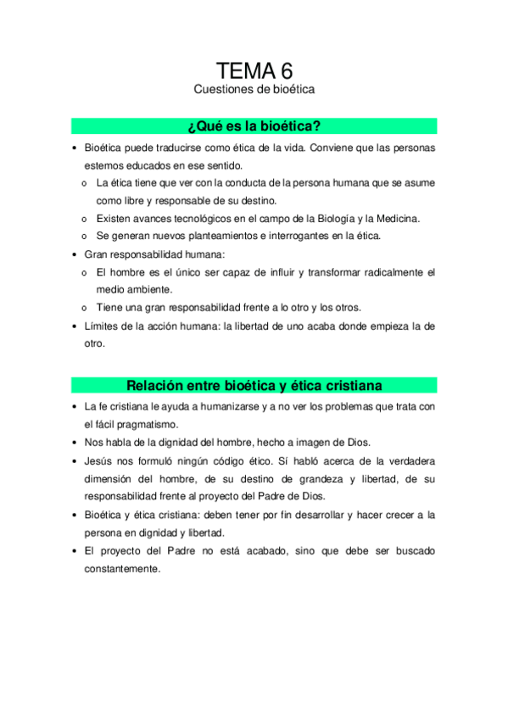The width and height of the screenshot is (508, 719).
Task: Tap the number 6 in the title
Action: pyautogui.click(x=286, y=70)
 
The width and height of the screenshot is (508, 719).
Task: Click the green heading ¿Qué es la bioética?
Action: pyautogui.click(x=254, y=126)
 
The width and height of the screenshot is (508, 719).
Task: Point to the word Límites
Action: pyautogui.click(x=101, y=326)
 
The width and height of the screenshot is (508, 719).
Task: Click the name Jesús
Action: pyautogui.click(x=98, y=460)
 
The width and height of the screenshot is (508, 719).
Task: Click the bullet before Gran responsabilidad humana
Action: pyautogui.click(x=75, y=254)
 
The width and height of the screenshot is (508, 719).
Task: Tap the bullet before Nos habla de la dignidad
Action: pyautogui.click(x=75, y=443)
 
